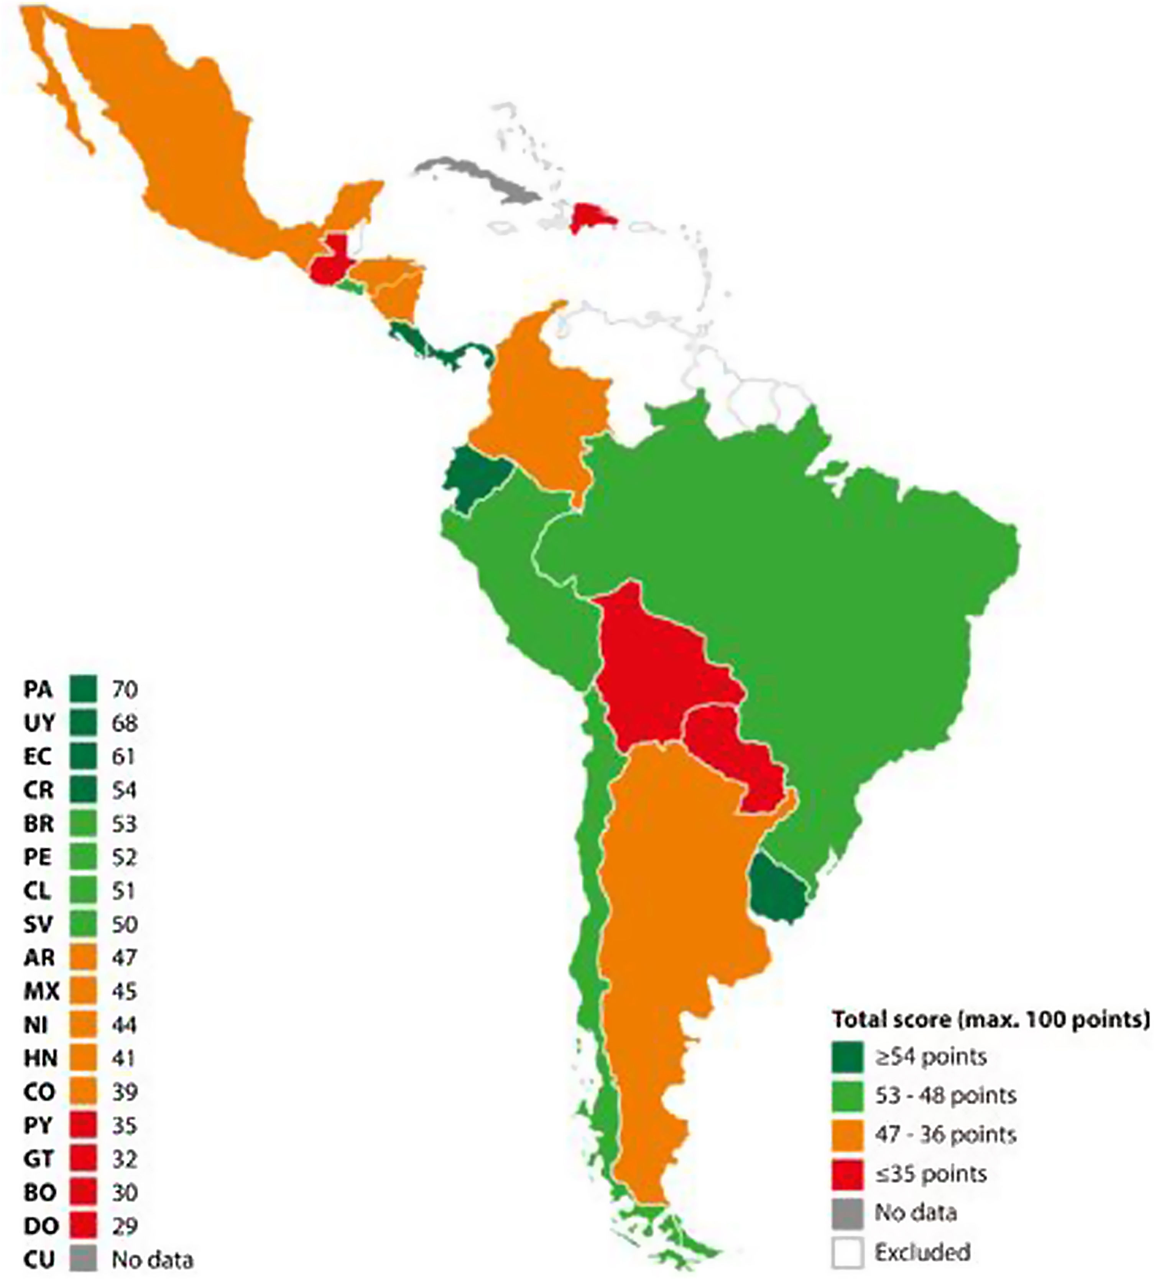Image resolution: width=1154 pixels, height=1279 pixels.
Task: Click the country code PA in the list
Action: pyautogui.click(x=38, y=689)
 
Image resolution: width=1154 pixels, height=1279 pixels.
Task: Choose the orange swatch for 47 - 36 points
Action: pyautogui.click(x=847, y=1134)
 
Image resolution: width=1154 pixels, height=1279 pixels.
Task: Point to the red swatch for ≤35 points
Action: pyautogui.click(x=847, y=1174)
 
